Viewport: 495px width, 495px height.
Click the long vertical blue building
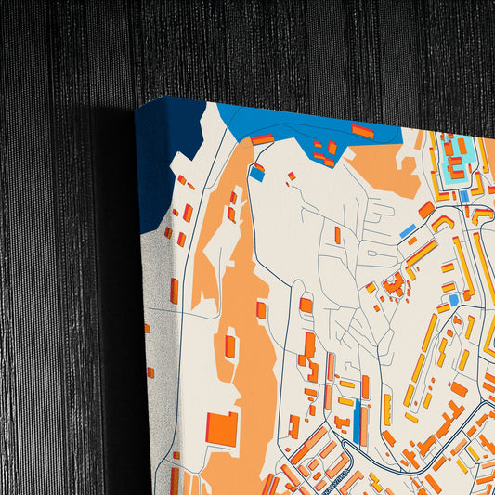(357, 422)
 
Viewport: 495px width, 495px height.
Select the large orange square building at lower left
(222, 428)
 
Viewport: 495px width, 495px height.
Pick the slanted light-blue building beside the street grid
(407, 230)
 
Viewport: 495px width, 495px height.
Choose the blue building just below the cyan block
(463, 196)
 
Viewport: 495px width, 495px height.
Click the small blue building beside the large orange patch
(257, 174)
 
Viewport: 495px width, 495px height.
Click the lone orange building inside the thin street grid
(337, 235)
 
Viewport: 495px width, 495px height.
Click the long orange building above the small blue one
(263, 139)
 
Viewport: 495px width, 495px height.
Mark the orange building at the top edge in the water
(362, 131)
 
